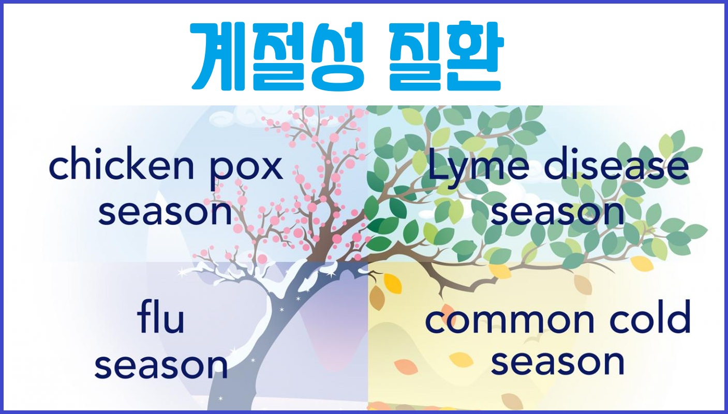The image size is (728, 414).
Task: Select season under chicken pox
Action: [165, 213]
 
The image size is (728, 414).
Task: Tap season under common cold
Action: [557, 362]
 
